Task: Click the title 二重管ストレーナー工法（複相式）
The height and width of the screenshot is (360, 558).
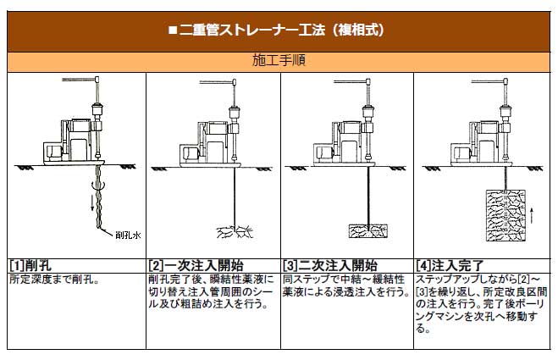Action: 281,30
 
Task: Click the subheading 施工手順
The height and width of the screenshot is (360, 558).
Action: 279,60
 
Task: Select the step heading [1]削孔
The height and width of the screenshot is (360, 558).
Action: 30,265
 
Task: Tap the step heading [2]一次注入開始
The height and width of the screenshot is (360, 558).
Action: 196,265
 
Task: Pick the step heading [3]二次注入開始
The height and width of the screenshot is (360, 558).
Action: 330,265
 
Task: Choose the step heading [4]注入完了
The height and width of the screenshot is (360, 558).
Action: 450,265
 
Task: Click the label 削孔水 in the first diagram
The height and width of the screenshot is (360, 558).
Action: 128,235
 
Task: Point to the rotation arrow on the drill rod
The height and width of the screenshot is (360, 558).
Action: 98,186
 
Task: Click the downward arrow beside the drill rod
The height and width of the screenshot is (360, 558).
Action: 93,202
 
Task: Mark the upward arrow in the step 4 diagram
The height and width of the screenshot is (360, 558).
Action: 532,215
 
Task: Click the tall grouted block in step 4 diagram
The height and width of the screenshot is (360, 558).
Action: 506,216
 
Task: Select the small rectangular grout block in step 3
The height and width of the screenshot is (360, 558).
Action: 368,231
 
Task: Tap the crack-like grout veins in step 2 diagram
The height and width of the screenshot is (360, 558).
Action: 235,232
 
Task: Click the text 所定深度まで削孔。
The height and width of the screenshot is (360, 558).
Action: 54,280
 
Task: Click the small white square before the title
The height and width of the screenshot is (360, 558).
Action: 173,30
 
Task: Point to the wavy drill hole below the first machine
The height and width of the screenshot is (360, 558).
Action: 98,197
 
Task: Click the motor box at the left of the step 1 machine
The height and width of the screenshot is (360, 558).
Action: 54,152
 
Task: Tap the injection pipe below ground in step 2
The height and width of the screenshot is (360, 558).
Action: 235,197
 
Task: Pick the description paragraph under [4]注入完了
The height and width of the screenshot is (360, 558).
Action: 481,304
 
